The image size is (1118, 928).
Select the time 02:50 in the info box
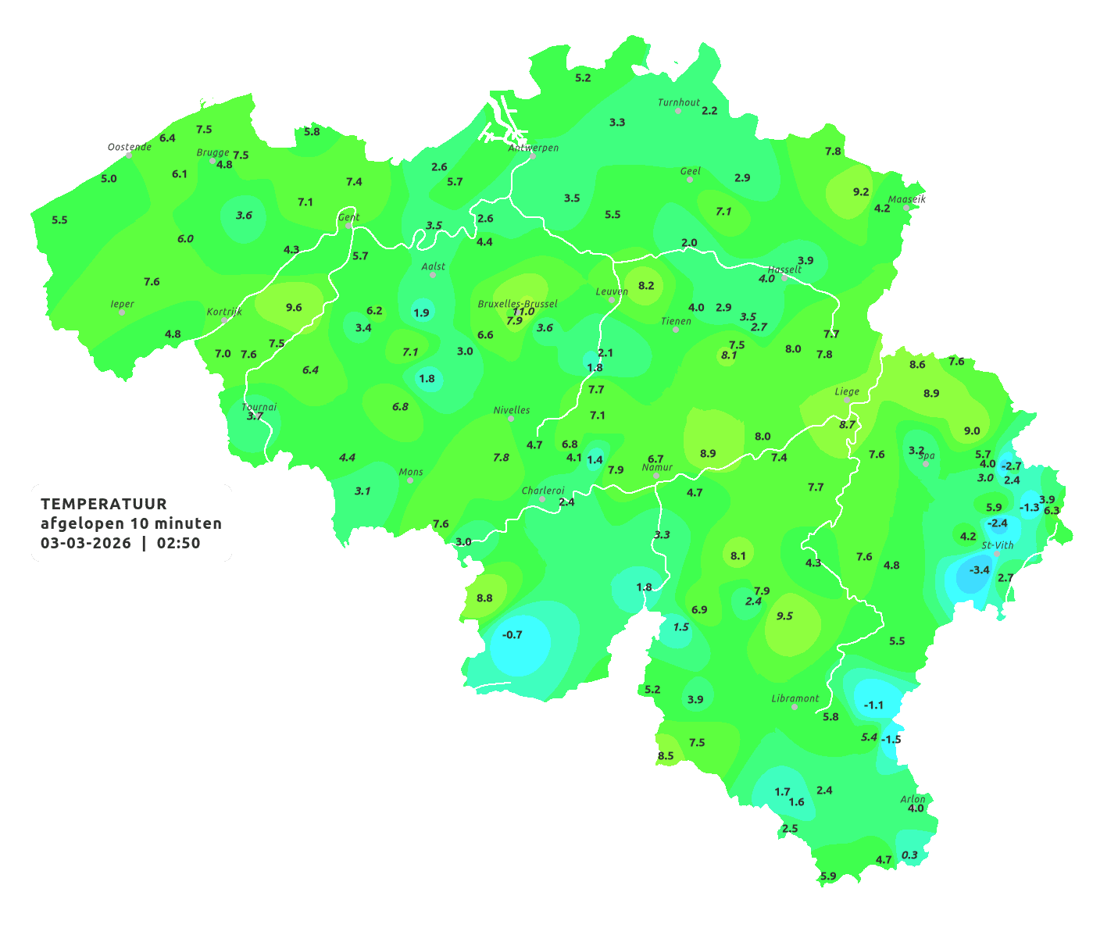[178, 543]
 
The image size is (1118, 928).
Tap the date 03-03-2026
[86, 543]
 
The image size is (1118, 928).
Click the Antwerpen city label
[534, 148]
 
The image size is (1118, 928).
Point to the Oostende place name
[129, 147]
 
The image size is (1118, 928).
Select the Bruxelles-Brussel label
[518, 303]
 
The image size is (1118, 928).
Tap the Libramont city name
[795, 698]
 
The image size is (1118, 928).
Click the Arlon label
[913, 798]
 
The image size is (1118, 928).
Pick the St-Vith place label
[998, 545]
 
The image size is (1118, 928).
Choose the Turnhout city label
[679, 102]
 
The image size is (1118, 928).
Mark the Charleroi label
[543, 491]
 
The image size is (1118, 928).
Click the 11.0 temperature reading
[523, 312]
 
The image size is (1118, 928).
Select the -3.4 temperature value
[979, 569]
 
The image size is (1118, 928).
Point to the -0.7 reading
[513, 634]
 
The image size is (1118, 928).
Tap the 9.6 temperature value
[294, 307]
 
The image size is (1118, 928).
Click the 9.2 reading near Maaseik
[861, 191]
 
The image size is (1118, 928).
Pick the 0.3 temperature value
[909, 855]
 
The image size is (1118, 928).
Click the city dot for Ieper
[122, 312]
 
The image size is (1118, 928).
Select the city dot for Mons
[410, 480]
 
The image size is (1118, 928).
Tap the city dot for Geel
[690, 180]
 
